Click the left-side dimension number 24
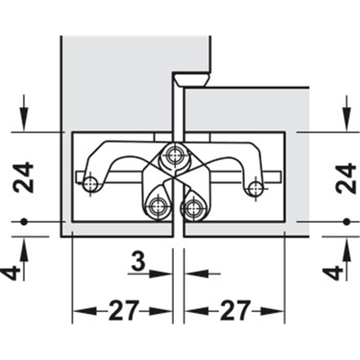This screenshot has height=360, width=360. coord(23,177)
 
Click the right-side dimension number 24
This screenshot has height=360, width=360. coord(346,179)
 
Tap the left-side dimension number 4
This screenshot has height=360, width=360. coord(10,273)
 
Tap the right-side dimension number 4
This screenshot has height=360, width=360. coord(333,273)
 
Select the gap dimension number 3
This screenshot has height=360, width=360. coord(138,261)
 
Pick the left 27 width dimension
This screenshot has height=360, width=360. coord(124,310)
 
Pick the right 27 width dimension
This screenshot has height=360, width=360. coord(235,310)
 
